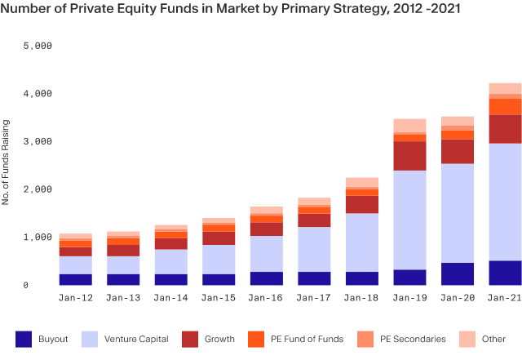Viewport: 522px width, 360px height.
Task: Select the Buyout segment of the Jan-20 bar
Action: [457, 273]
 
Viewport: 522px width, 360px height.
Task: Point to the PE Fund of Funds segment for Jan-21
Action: [505, 107]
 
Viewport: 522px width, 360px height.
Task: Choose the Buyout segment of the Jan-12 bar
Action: [76, 279]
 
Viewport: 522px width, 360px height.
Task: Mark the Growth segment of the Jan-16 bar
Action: [267, 229]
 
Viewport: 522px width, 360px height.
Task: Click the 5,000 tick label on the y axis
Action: [36, 47]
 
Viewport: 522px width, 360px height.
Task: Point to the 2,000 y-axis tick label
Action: [36, 189]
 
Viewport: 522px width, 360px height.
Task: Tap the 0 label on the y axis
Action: [48, 285]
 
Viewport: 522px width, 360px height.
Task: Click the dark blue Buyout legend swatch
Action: [24, 338]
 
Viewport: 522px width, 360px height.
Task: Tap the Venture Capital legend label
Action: [136, 338]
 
